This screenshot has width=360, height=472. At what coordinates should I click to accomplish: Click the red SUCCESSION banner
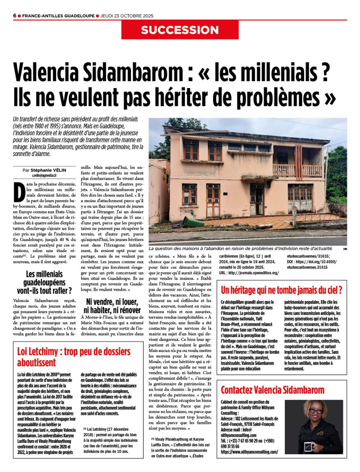click(180, 30)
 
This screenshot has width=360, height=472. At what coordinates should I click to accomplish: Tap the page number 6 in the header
click(15, 16)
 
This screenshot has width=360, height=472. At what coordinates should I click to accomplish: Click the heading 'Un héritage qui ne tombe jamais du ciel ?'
click(281, 291)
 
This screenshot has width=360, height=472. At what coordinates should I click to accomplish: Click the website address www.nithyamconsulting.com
click(250, 452)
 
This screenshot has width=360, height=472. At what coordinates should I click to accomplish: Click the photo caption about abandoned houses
click(241, 249)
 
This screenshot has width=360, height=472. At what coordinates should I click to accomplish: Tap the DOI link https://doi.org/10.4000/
click(309, 262)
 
